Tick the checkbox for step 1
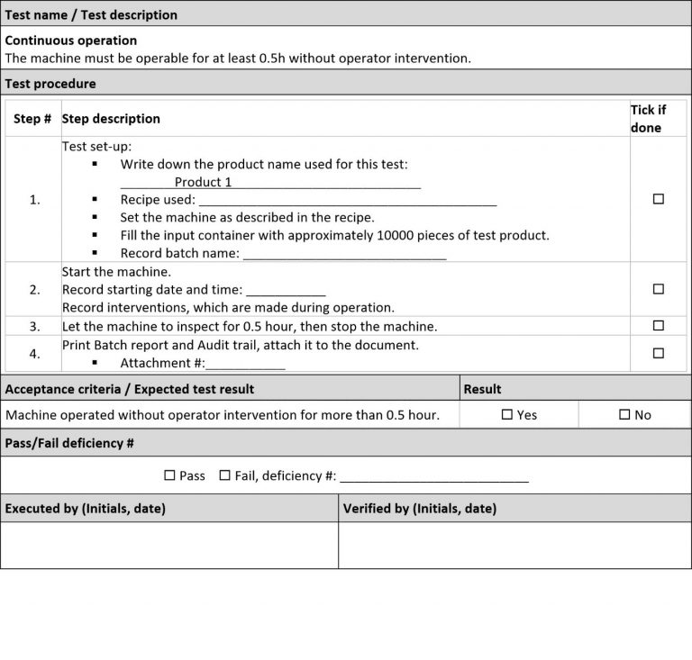658,199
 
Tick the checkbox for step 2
658,289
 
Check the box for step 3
658,325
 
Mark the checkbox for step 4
658,354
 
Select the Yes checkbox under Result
506,415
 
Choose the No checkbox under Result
624,415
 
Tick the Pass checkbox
169,475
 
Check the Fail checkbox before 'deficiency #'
224,475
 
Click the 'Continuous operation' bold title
71,41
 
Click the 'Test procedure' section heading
50,84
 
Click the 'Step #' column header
32,119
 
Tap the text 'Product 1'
204,182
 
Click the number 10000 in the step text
389,236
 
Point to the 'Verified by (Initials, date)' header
420,509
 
